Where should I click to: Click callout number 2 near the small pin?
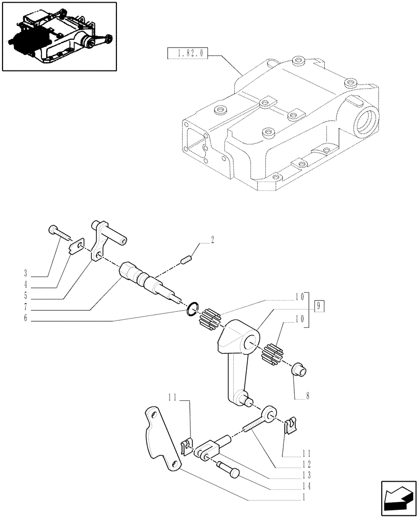pos(212,239)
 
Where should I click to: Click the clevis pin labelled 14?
pos(228,468)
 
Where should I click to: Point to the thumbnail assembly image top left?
pos(58,36)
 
